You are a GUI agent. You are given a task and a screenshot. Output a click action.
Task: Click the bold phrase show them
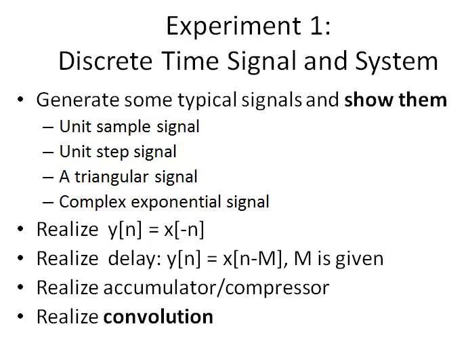396,100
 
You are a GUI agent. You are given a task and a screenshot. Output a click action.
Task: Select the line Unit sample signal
129,126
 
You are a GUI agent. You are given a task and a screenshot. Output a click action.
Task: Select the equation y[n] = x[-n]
156,229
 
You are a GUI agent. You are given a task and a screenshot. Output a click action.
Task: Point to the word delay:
134,258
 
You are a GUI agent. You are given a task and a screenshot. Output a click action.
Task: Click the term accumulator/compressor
216,287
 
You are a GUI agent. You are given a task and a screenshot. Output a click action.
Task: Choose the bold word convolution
158,317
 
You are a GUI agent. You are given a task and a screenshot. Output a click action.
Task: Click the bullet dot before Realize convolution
22,317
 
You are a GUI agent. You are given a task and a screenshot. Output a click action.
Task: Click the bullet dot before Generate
22,100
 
